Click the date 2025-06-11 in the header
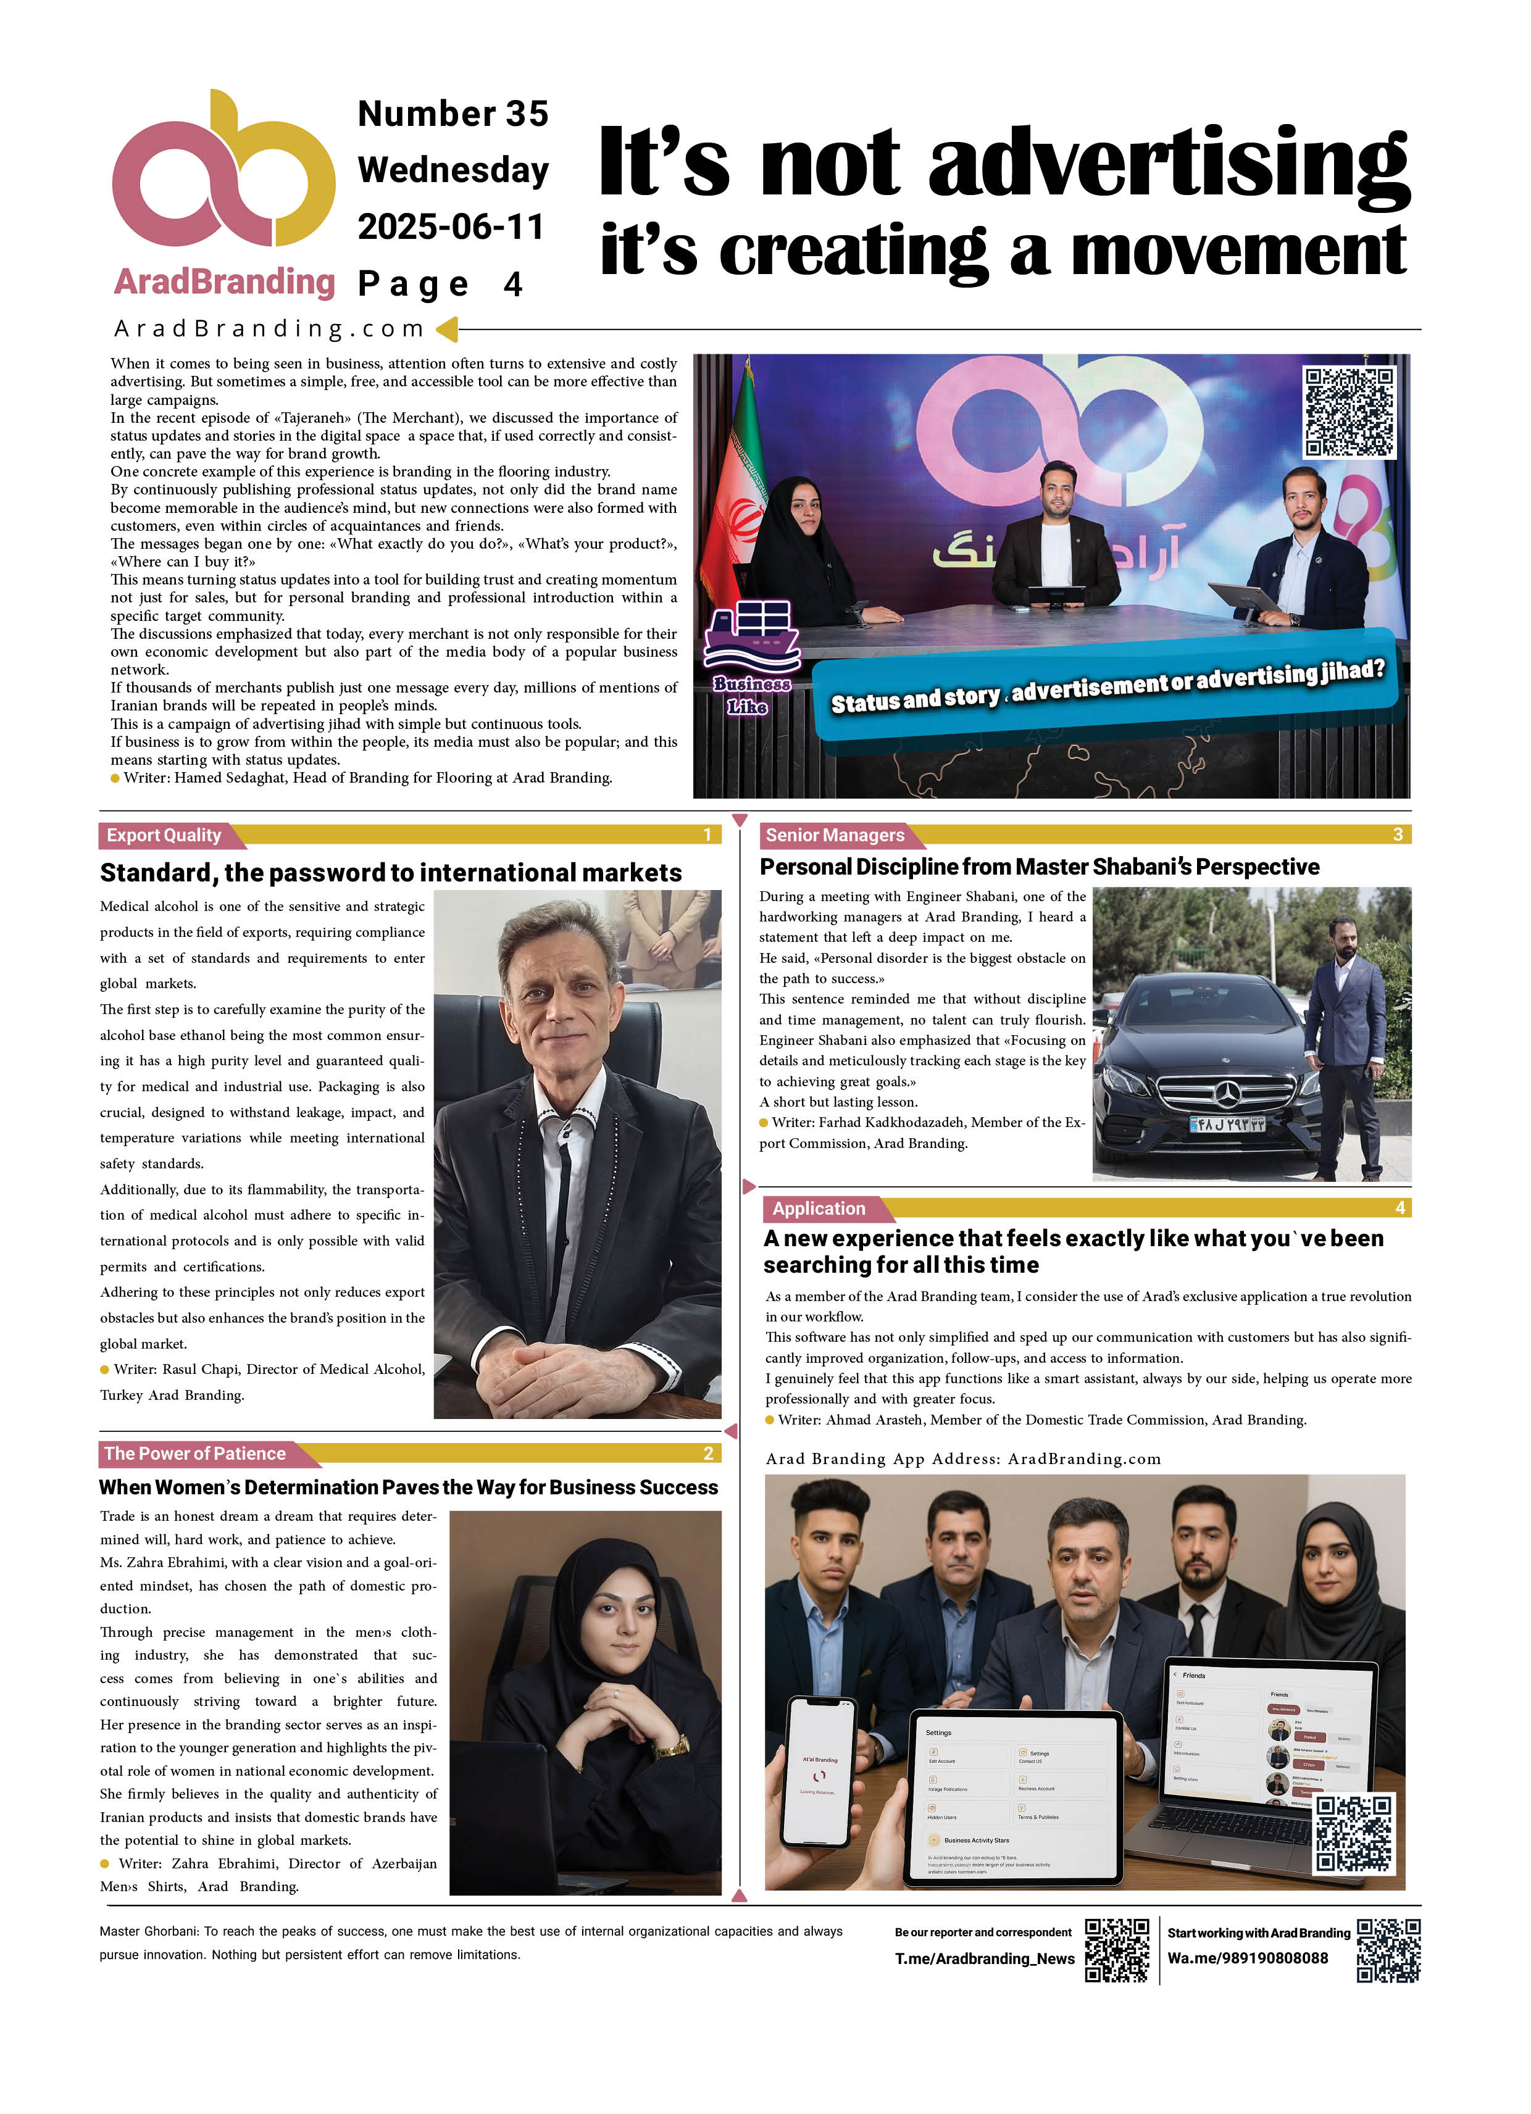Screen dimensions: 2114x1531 451,227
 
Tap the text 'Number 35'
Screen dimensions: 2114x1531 453,114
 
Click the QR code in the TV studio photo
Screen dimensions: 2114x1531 1348,412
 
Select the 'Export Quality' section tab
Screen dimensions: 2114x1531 164,835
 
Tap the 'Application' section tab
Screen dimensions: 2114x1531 819,1208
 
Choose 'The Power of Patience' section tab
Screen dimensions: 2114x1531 195,1453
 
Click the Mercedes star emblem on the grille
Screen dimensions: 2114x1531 1227,1089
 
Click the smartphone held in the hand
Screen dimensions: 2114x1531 820,1770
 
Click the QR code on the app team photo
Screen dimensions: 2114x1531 1353,1834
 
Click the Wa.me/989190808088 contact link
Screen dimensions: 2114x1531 1248,1958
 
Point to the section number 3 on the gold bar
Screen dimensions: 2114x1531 1398,834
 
